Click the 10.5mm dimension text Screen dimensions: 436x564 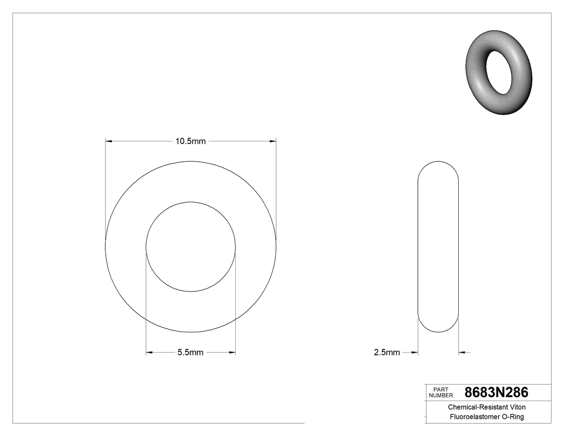click(x=191, y=141)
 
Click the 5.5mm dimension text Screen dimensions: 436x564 click(x=191, y=353)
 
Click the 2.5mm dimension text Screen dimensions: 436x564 click(x=387, y=353)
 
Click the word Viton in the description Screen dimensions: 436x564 click(x=515, y=408)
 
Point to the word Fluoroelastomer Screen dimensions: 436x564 click(x=474, y=417)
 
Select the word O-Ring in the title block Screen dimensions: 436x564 click(x=512, y=417)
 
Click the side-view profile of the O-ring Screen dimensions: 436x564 click(x=438, y=247)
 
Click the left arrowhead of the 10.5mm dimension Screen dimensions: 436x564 click(x=109, y=141)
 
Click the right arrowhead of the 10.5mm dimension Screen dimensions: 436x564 click(x=273, y=141)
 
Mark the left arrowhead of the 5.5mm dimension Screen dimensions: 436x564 click(x=150, y=353)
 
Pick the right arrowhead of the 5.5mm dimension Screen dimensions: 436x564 click(x=232, y=353)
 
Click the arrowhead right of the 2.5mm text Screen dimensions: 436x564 click(x=414, y=353)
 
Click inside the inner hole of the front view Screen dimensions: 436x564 click(x=191, y=247)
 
